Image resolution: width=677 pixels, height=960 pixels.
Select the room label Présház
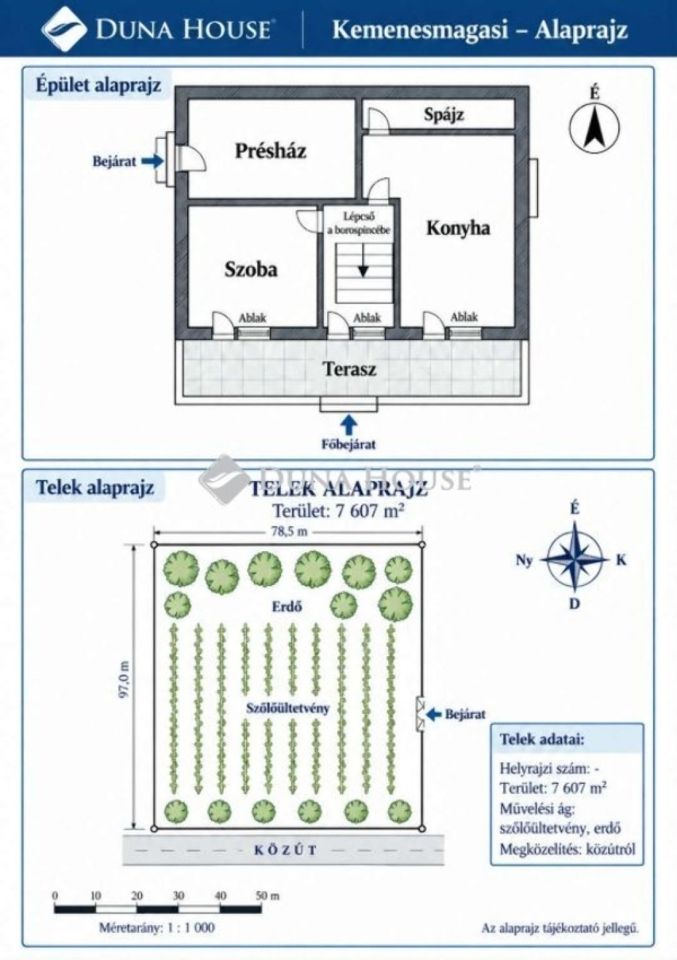[x=270, y=151]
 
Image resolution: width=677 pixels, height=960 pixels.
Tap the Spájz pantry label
[x=444, y=115]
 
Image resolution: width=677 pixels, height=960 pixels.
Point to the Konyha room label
[x=458, y=228]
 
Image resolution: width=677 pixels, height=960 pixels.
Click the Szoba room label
[x=251, y=269]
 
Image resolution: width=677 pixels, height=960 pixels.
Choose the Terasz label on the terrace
[x=350, y=369]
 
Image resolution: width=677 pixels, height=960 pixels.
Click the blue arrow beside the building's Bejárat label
[x=152, y=161]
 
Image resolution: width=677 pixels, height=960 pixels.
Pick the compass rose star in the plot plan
[x=575, y=559]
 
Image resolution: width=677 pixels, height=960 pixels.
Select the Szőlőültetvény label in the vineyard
[x=288, y=708]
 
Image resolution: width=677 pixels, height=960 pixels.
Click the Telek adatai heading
[x=541, y=739]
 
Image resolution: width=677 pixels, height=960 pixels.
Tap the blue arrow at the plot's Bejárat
[x=434, y=714]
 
